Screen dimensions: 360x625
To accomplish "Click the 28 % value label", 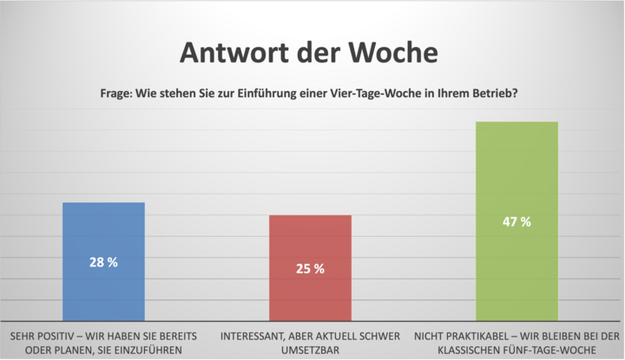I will point(103,261).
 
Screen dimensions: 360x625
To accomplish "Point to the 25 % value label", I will point(310,269).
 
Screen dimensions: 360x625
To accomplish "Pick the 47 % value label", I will point(516,222).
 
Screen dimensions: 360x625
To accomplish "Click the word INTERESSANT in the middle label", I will point(257,335).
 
